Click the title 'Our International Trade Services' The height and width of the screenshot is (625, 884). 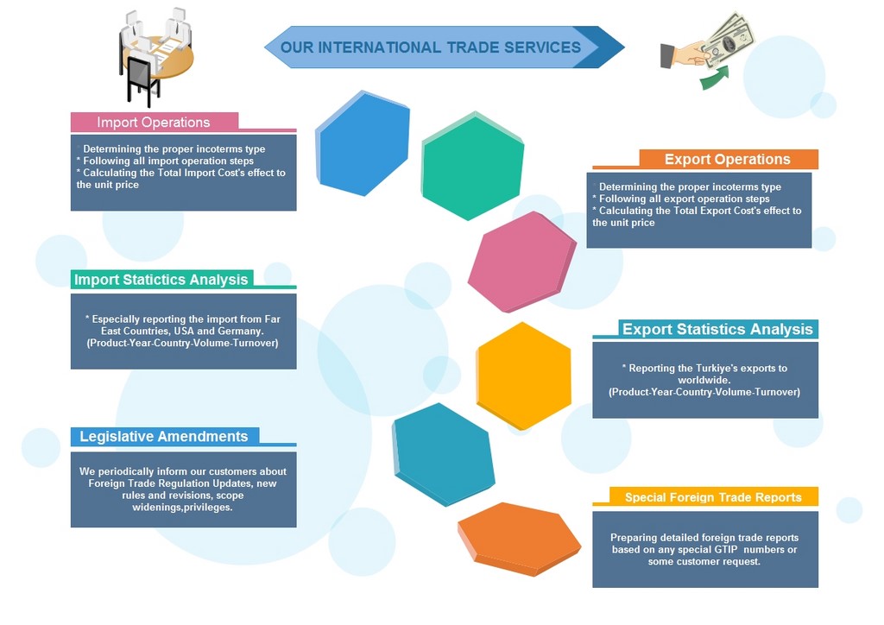431,47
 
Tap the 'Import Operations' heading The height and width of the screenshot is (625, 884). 154,122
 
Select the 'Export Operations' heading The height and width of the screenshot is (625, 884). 727,159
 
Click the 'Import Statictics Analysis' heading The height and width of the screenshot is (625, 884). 161,279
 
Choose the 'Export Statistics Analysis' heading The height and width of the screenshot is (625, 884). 717,329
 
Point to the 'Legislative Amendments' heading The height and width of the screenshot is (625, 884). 164,436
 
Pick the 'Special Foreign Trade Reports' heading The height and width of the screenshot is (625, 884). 713,497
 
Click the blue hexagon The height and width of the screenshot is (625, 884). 363,142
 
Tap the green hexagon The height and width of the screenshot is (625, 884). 473,166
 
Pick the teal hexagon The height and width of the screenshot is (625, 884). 444,453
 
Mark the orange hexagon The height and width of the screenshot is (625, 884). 520,536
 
